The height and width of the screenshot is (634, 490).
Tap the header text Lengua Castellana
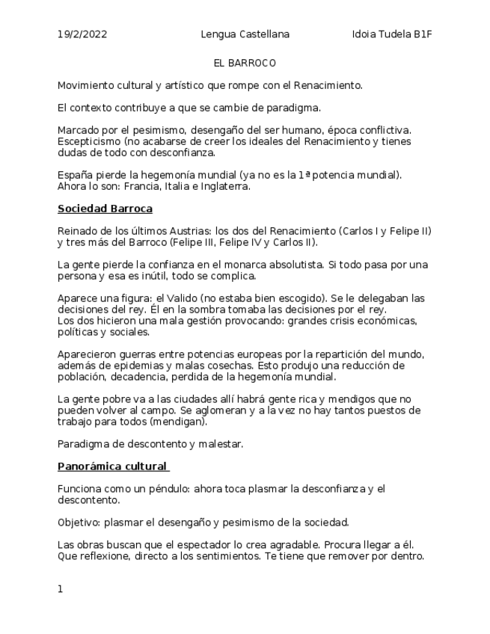click(x=245, y=34)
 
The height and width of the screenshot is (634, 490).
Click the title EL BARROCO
click(x=245, y=63)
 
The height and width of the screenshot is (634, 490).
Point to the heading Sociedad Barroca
click(x=105, y=208)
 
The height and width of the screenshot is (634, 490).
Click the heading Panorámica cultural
click(x=112, y=467)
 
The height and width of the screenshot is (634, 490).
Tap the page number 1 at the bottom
click(x=61, y=589)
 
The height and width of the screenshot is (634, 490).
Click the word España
click(x=75, y=175)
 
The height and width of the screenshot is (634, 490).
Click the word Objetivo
click(x=79, y=522)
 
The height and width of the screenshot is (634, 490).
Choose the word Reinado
click(x=78, y=230)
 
